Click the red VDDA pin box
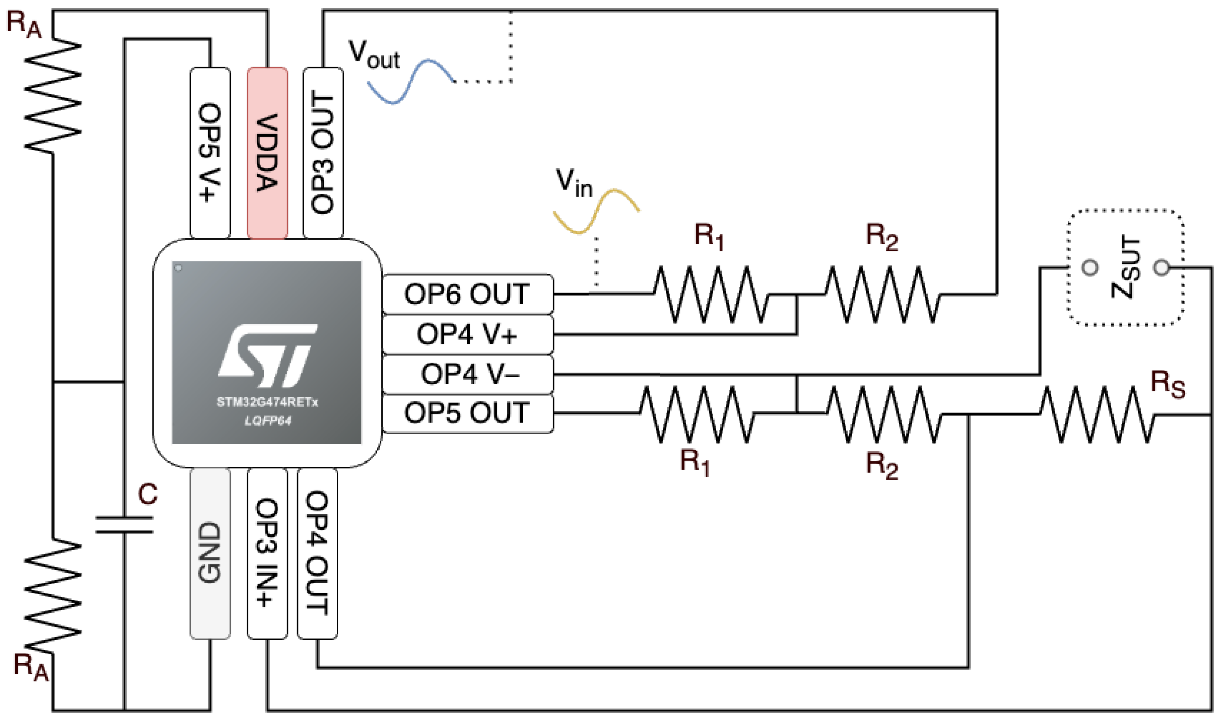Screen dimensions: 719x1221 click(267, 153)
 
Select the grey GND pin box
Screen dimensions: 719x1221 click(209, 553)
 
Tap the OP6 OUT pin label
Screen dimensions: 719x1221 click(467, 294)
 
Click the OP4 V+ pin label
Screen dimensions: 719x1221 click(467, 334)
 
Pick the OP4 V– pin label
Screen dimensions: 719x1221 click(467, 375)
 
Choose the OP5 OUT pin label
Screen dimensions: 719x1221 click(467, 413)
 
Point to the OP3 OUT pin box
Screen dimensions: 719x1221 click(323, 153)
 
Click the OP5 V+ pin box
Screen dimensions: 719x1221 click(210, 153)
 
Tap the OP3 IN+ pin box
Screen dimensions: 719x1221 click(267, 553)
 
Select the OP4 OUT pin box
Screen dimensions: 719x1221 click(317, 553)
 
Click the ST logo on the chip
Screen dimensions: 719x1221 click(267, 356)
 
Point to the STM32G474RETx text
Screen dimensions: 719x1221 click(267, 402)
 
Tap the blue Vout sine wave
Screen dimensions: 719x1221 click(410, 82)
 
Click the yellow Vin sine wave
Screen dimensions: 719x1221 click(596, 211)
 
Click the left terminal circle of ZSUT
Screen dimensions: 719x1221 click(1090, 267)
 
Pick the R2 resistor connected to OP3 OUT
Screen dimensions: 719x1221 click(882, 294)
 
